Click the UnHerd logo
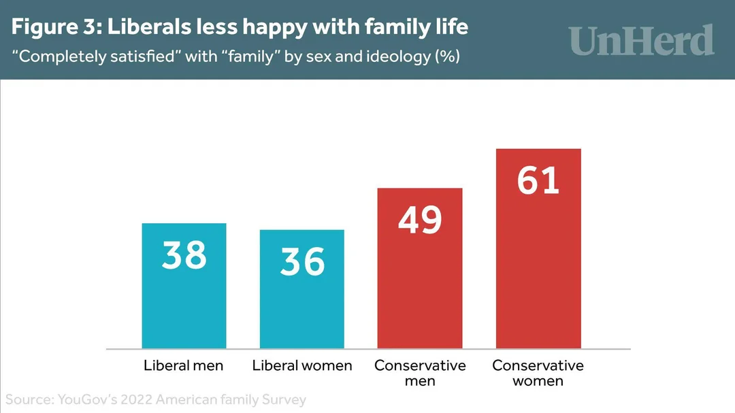click(x=642, y=40)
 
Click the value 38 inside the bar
click(x=184, y=255)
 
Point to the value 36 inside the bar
click(x=302, y=262)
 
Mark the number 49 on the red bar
click(x=420, y=220)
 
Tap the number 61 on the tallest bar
click(x=538, y=180)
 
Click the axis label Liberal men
click(x=184, y=365)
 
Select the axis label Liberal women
click(x=302, y=365)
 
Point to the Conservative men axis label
click(x=420, y=373)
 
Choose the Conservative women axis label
click(x=538, y=373)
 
